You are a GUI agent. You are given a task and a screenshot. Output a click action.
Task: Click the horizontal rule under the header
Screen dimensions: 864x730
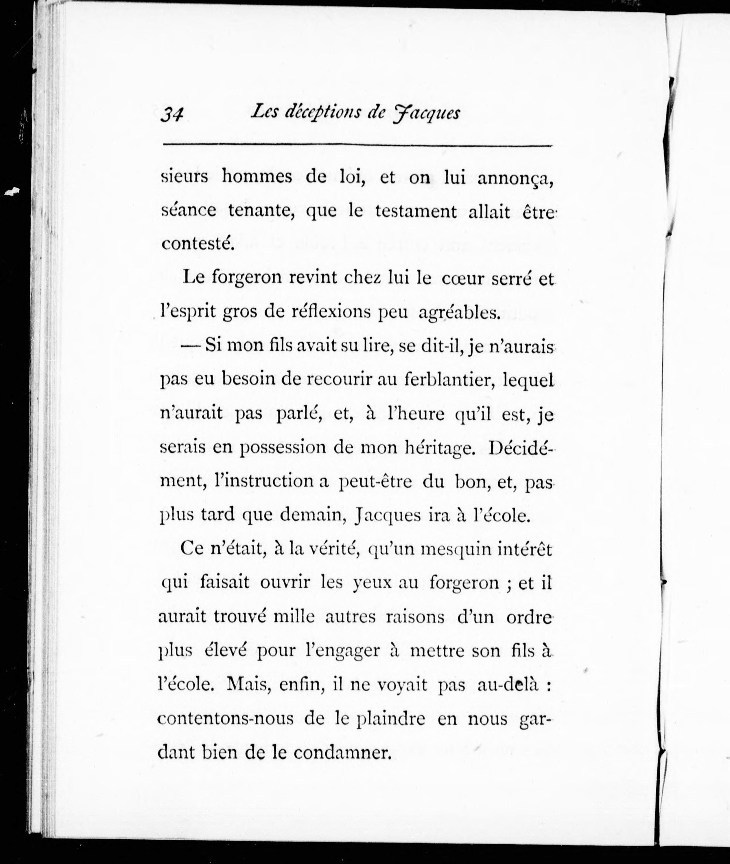[x=358, y=145]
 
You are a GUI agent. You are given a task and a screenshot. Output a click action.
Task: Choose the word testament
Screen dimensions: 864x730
[x=416, y=212]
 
